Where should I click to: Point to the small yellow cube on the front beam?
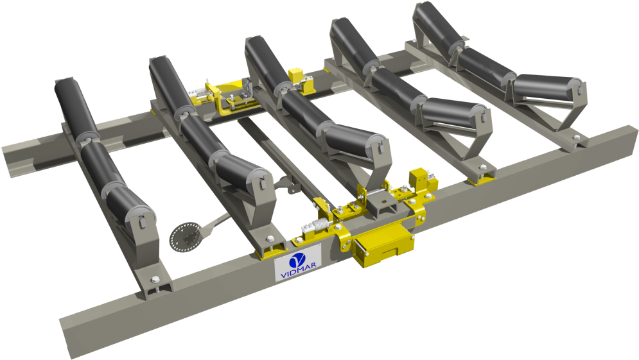(x=419, y=178)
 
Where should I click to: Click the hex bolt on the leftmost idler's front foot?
(x=154, y=279)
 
